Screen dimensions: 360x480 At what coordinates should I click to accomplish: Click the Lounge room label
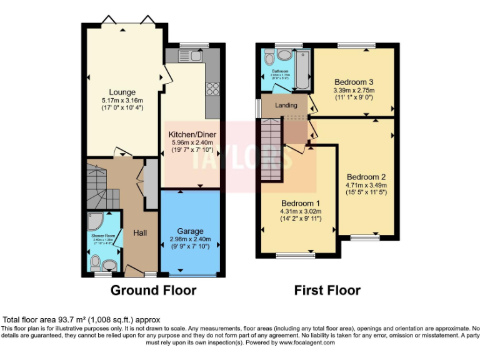[x=122, y=92]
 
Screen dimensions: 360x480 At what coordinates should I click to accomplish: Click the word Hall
[x=139, y=232]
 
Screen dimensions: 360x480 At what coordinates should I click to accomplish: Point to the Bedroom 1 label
[x=300, y=204]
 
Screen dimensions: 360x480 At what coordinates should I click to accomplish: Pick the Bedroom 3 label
[x=354, y=82]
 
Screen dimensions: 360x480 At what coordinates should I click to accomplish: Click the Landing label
[x=286, y=105]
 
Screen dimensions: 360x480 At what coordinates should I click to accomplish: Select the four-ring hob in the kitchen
[x=212, y=88]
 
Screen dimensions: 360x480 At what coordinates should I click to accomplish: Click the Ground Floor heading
[x=153, y=291]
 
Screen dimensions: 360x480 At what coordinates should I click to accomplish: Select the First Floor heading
[x=327, y=291]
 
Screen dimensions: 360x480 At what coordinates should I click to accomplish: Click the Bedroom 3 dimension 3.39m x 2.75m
[x=354, y=90]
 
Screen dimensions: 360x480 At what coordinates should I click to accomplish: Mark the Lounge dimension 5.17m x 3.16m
[x=122, y=101]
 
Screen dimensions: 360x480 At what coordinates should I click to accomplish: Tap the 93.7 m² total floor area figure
[x=67, y=319]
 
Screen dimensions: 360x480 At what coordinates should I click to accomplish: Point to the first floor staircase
[x=272, y=150]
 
